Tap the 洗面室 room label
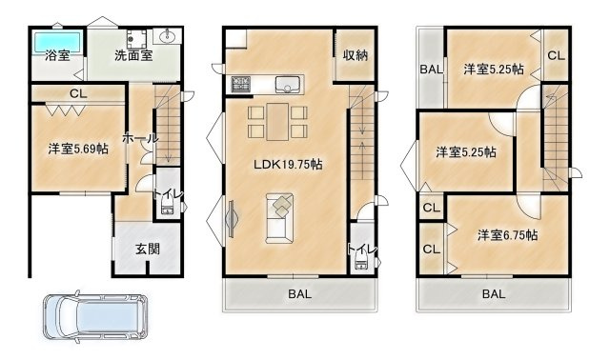pyautogui.click(x=133, y=55)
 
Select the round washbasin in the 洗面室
pyautogui.click(x=168, y=37)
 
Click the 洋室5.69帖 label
pyautogui.click(x=78, y=149)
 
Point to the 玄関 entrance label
pyautogui.click(x=148, y=249)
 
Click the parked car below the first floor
pyautogui.click(x=95, y=316)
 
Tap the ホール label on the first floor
pyautogui.click(x=140, y=138)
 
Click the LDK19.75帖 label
pyautogui.click(x=288, y=165)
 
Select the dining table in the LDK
pyautogui.click(x=277, y=122)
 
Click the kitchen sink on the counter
pyautogui.click(x=288, y=84)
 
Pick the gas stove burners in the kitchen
pyautogui.click(x=241, y=84)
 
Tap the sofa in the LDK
pyautogui.click(x=279, y=218)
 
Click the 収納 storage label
pyautogui.click(x=356, y=55)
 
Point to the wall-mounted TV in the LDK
pyautogui.click(x=232, y=218)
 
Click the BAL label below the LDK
pyautogui.click(x=299, y=294)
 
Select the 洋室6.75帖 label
pyautogui.click(x=508, y=235)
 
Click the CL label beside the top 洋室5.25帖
pyautogui.click(x=556, y=55)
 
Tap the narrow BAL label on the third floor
pyautogui.click(x=432, y=70)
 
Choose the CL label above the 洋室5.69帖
pyautogui.click(x=78, y=93)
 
